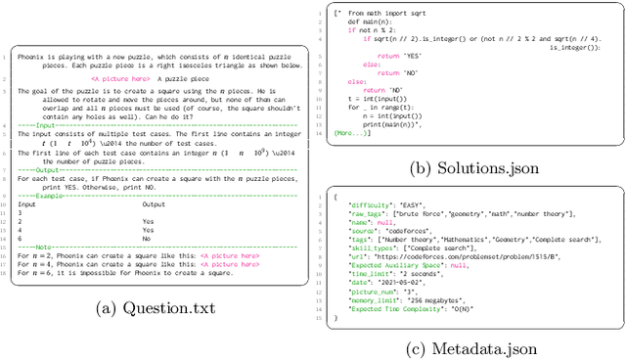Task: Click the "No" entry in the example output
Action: [x=146, y=238]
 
